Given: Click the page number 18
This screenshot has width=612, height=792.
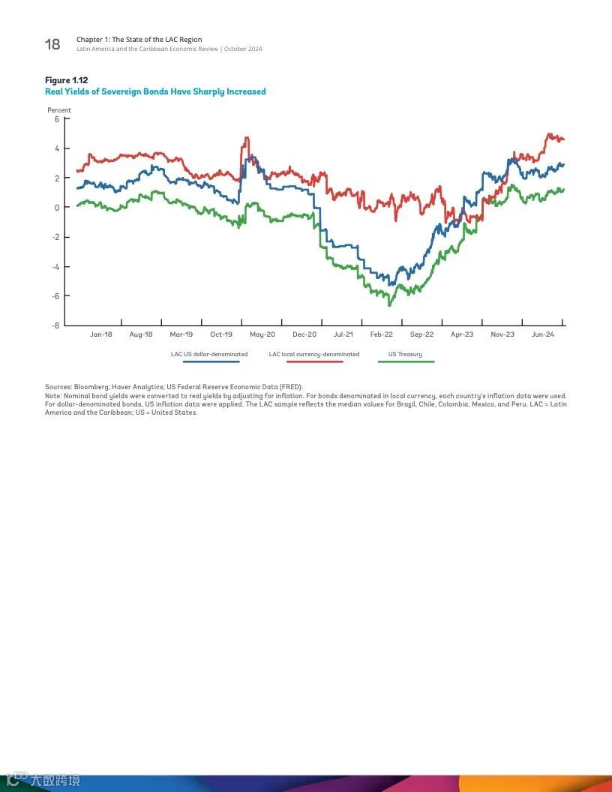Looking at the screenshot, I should [52, 44].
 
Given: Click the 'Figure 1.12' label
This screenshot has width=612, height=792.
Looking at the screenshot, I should [67, 80].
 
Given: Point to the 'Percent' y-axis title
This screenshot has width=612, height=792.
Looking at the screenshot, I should [59, 110].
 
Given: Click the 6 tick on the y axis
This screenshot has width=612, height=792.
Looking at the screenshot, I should [56, 119].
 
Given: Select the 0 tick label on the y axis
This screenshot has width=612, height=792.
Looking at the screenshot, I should [56, 208].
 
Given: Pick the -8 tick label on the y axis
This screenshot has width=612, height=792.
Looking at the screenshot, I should [55, 325].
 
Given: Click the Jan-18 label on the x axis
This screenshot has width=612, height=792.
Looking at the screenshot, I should [101, 334].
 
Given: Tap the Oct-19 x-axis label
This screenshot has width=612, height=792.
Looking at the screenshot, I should [221, 334].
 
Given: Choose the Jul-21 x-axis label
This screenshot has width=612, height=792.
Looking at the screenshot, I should [343, 334].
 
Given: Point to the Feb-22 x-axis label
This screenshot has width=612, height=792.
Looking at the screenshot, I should [381, 334].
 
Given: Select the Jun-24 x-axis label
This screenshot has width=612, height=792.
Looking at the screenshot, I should [543, 334].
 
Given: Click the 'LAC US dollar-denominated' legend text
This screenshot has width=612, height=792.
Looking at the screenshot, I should [209, 354].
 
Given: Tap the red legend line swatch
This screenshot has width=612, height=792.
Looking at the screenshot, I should [314, 361].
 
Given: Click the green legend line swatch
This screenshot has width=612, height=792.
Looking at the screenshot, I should [406, 361].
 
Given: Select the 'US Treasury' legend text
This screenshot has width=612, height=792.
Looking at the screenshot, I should [405, 354].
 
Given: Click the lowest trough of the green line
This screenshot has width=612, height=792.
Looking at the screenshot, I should [389, 305].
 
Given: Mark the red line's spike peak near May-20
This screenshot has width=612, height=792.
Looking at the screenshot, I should [247, 138].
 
